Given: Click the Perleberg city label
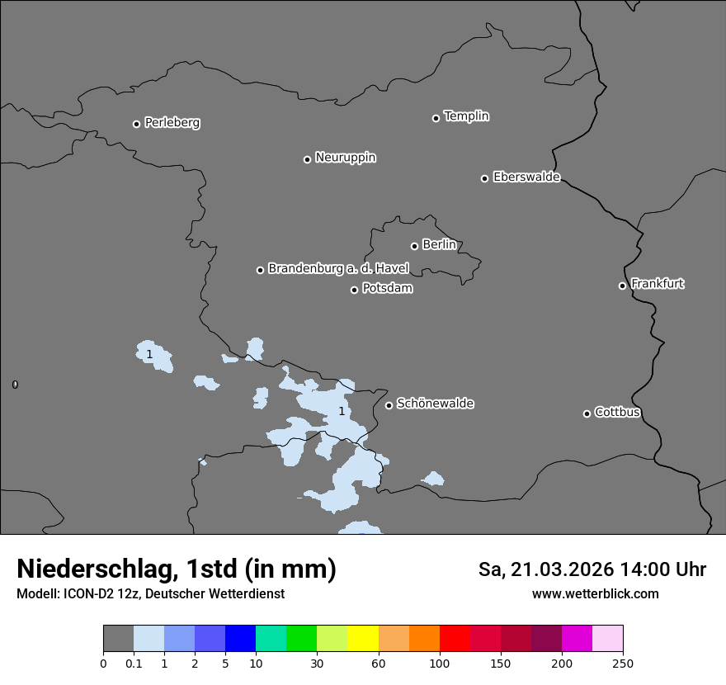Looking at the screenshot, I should click(172, 123).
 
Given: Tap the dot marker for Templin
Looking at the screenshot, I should click(436, 118).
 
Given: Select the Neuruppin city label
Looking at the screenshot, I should click(345, 158).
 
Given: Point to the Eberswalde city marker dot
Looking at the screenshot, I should click(484, 178).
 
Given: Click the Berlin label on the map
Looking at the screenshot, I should click(439, 245).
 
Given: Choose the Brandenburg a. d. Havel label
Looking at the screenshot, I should click(338, 269).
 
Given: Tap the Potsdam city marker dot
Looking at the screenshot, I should click(354, 290).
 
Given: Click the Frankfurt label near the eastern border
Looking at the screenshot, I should click(658, 284).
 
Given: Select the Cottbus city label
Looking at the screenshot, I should click(617, 413).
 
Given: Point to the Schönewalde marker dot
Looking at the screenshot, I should click(389, 405).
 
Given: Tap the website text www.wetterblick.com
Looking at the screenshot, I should click(595, 594).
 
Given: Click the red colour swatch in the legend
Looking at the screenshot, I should click(455, 639).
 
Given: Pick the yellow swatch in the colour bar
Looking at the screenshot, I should click(362, 639).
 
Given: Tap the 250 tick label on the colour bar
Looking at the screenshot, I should click(623, 664).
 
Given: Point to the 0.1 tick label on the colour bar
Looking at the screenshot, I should click(134, 664).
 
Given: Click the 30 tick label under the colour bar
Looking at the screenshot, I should click(317, 664).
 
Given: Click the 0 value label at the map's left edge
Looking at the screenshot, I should click(15, 385).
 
